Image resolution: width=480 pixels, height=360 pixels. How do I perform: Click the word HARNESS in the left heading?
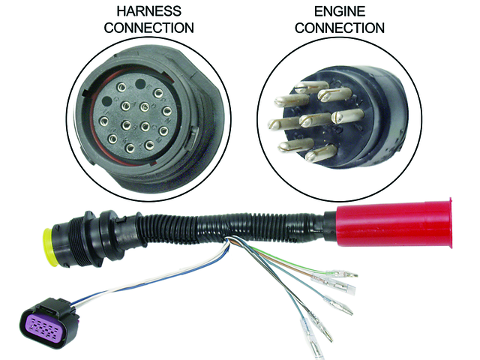(x=148, y=11)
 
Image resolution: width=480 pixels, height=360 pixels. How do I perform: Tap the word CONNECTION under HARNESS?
(x=148, y=28)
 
